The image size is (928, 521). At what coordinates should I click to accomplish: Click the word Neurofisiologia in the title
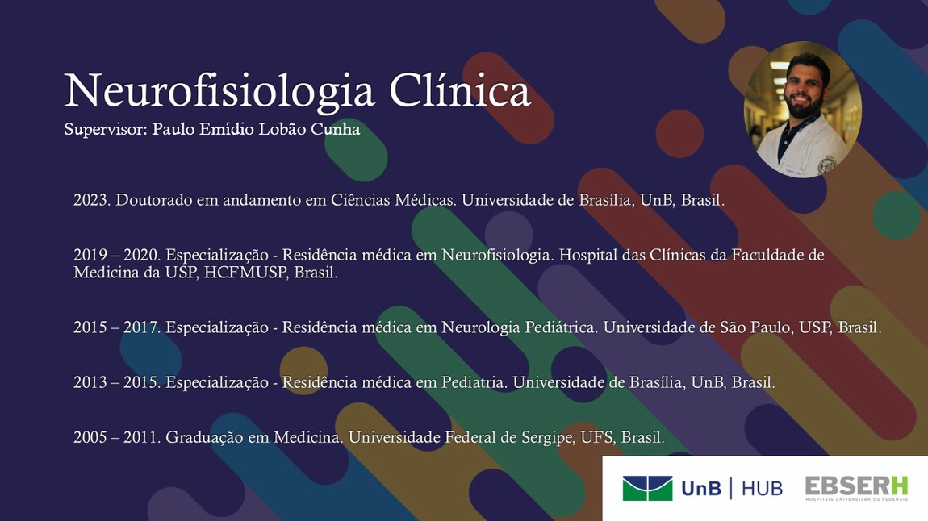click(219, 92)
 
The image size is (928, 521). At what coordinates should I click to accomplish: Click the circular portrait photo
click(803, 110)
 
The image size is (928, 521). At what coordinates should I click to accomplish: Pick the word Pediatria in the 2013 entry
click(474, 382)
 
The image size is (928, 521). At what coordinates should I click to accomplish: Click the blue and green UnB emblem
click(647, 489)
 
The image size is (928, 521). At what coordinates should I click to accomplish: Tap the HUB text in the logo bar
click(762, 489)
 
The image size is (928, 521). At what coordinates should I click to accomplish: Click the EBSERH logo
click(856, 489)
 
